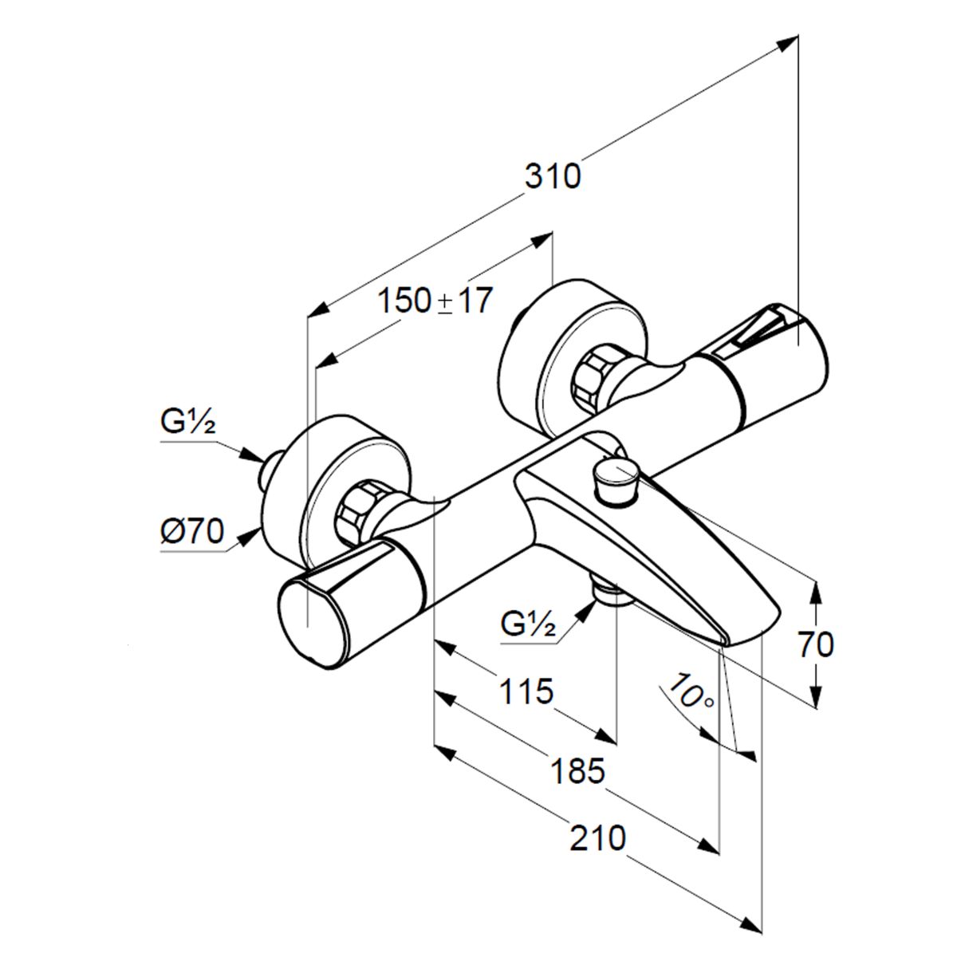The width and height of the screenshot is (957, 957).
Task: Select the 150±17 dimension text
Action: tap(435, 302)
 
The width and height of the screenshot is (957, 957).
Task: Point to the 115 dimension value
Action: tap(526, 691)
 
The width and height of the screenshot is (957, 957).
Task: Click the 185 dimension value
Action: tap(578, 770)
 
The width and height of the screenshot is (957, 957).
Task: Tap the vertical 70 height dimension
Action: tap(814, 644)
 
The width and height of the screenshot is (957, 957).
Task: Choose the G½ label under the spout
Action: tap(528, 623)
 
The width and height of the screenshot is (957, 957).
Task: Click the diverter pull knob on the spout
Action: tap(614, 480)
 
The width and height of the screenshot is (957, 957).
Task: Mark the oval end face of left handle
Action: tap(310, 618)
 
